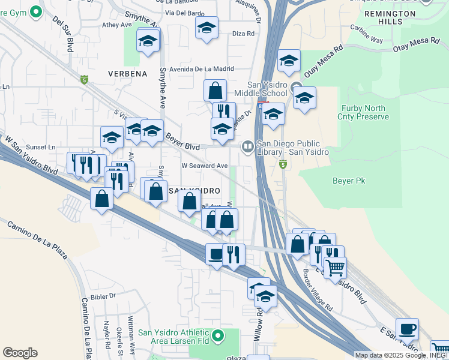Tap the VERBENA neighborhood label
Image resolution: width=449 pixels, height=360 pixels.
pos(127,74)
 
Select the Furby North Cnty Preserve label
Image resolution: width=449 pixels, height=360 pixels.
pos(364,112)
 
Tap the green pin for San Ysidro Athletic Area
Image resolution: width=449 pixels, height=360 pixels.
pos(218,335)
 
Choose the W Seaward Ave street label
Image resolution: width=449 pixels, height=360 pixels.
pos(204,166)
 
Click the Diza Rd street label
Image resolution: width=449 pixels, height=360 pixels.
pos(243,34)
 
